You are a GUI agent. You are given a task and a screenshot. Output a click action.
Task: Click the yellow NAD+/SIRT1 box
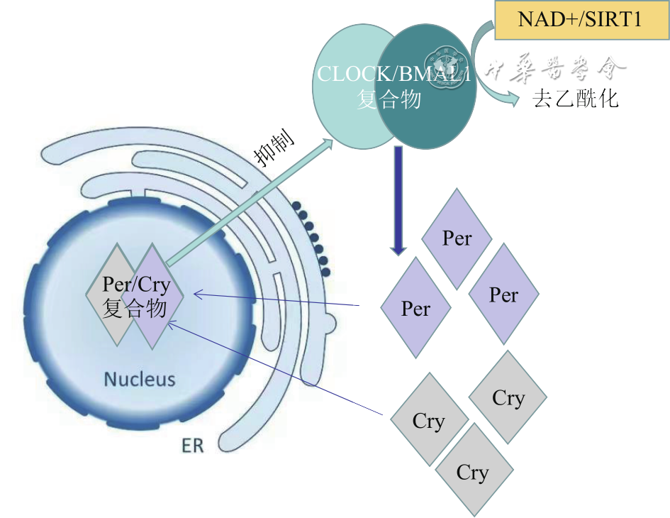[x=579, y=19]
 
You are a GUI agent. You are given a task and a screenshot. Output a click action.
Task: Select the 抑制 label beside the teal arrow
[x=275, y=149]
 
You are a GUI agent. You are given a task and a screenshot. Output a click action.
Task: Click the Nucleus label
[x=139, y=379]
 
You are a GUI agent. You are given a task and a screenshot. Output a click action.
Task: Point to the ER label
[x=192, y=446]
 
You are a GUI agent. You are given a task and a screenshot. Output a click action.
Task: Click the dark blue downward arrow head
[x=398, y=249]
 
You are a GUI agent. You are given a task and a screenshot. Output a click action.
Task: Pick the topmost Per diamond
[x=457, y=238]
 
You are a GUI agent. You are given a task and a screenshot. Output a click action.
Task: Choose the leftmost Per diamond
[x=415, y=309]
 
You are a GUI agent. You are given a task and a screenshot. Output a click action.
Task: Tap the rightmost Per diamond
[x=503, y=294]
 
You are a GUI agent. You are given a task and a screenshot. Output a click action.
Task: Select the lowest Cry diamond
[x=473, y=473]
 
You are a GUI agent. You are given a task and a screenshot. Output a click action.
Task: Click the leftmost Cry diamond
[x=428, y=421]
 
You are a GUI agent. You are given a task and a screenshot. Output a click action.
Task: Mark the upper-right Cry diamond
[x=508, y=398]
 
